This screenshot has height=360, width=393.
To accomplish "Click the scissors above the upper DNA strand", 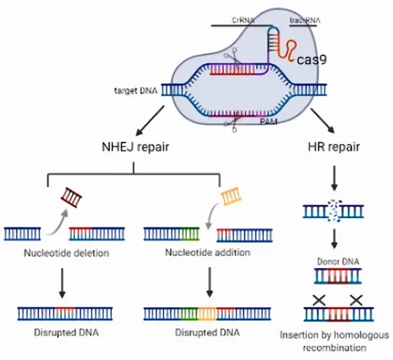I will click(x=229, y=57).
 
